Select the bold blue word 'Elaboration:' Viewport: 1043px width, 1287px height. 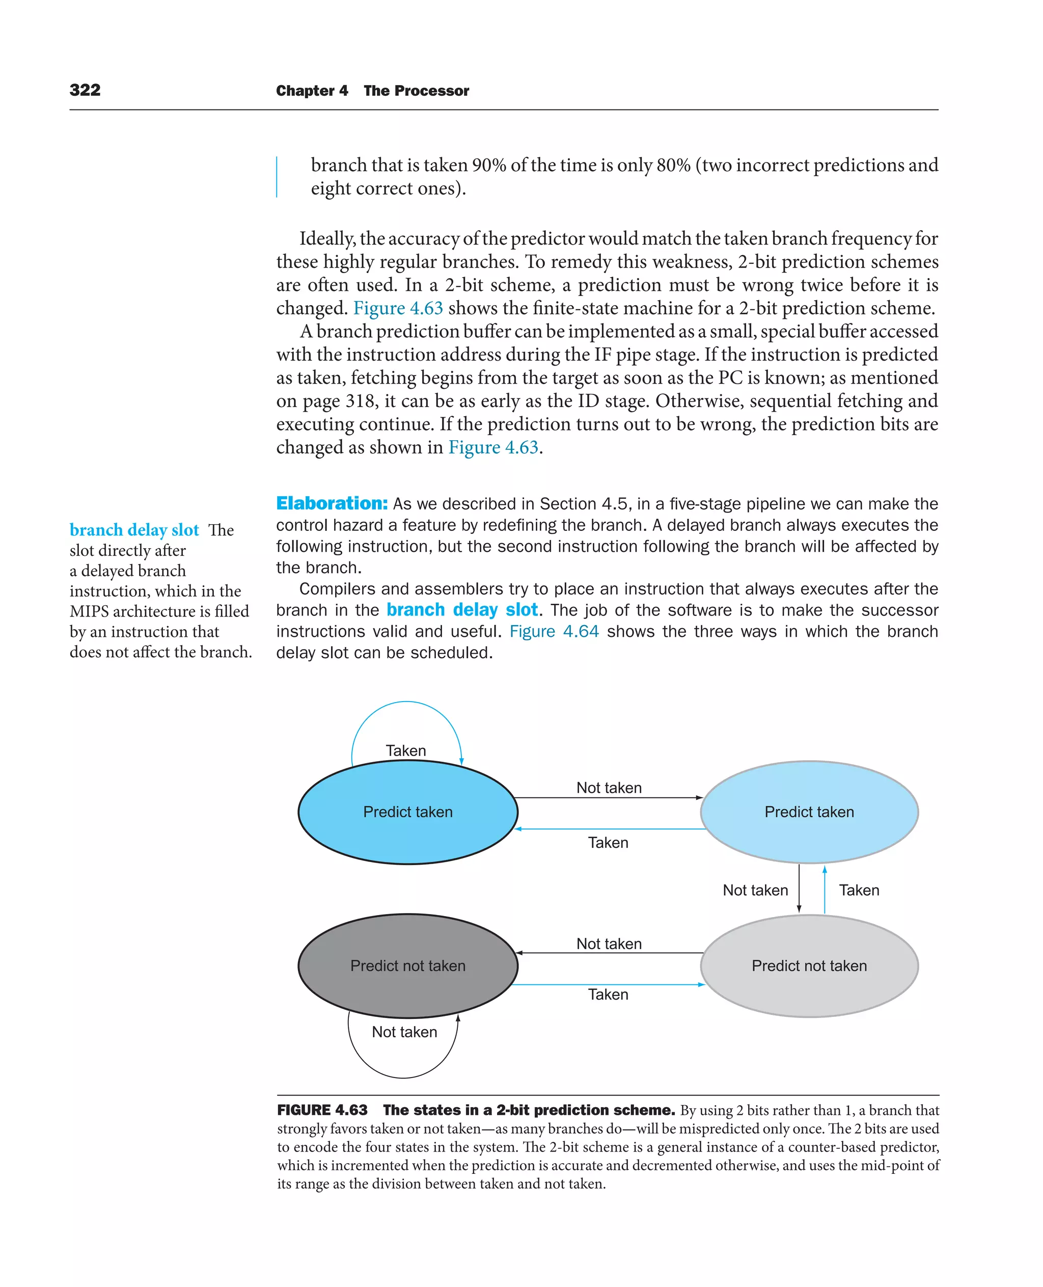[332, 503]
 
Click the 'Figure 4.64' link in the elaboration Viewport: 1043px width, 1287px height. [554, 631]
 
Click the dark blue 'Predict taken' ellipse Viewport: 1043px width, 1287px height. [407, 812]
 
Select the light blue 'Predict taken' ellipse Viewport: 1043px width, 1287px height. [809, 812]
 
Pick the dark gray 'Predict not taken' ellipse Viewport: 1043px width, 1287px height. [407, 966]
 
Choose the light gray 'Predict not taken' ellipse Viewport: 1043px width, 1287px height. [809, 966]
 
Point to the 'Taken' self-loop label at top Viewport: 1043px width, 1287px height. [405, 751]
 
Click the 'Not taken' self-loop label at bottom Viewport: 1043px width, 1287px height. [404, 1032]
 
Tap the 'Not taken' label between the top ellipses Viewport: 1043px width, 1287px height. [609, 788]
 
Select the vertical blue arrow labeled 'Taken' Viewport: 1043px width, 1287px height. [825, 890]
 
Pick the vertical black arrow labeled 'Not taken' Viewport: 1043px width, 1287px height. [799, 890]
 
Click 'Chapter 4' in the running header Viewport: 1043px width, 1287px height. [312, 91]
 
